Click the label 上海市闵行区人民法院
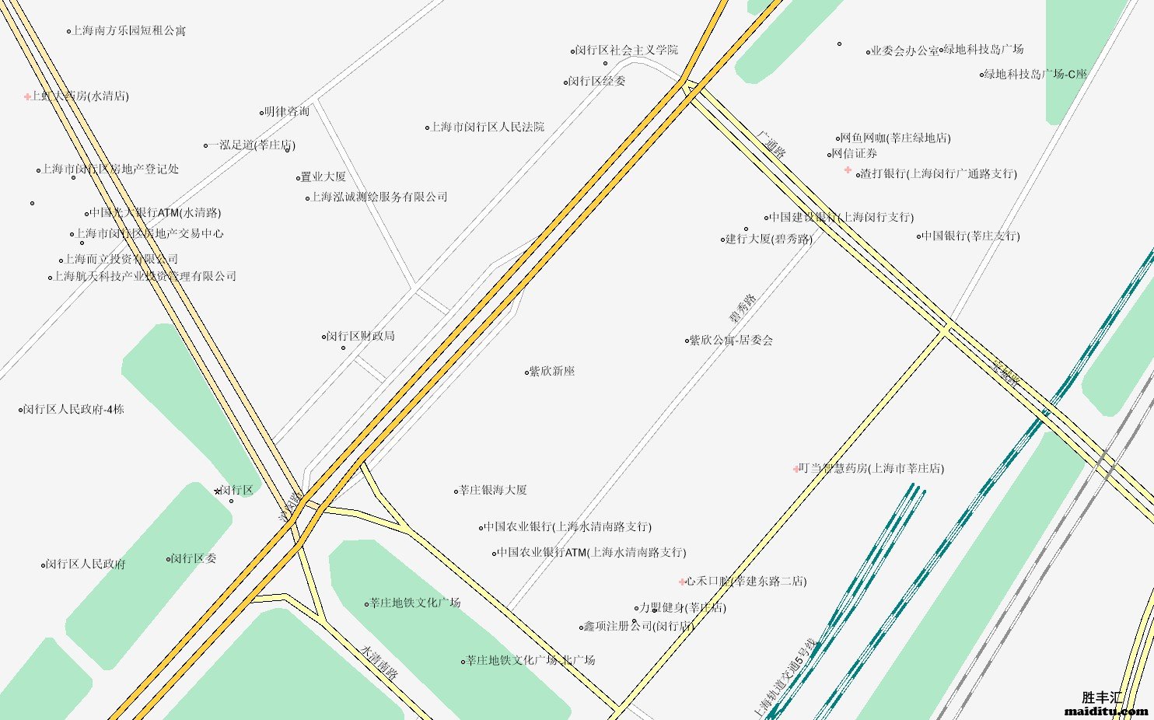click(488, 127)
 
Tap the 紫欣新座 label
click(552, 372)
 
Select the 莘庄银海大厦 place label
click(493, 490)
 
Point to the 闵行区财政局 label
click(361, 336)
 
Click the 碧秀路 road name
click(742, 309)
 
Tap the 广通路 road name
click(771, 144)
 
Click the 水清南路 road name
click(379, 662)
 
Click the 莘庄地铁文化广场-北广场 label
click(530, 660)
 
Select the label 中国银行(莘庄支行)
click(970, 236)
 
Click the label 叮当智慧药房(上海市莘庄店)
click(871, 468)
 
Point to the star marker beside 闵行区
click(218, 491)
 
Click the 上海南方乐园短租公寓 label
click(128, 31)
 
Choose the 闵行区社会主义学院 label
click(626, 50)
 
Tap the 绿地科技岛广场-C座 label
click(1035, 75)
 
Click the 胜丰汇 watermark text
click(1102, 697)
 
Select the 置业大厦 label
click(323, 177)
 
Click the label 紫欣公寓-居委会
click(731, 340)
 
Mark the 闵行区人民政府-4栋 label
click(73, 409)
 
